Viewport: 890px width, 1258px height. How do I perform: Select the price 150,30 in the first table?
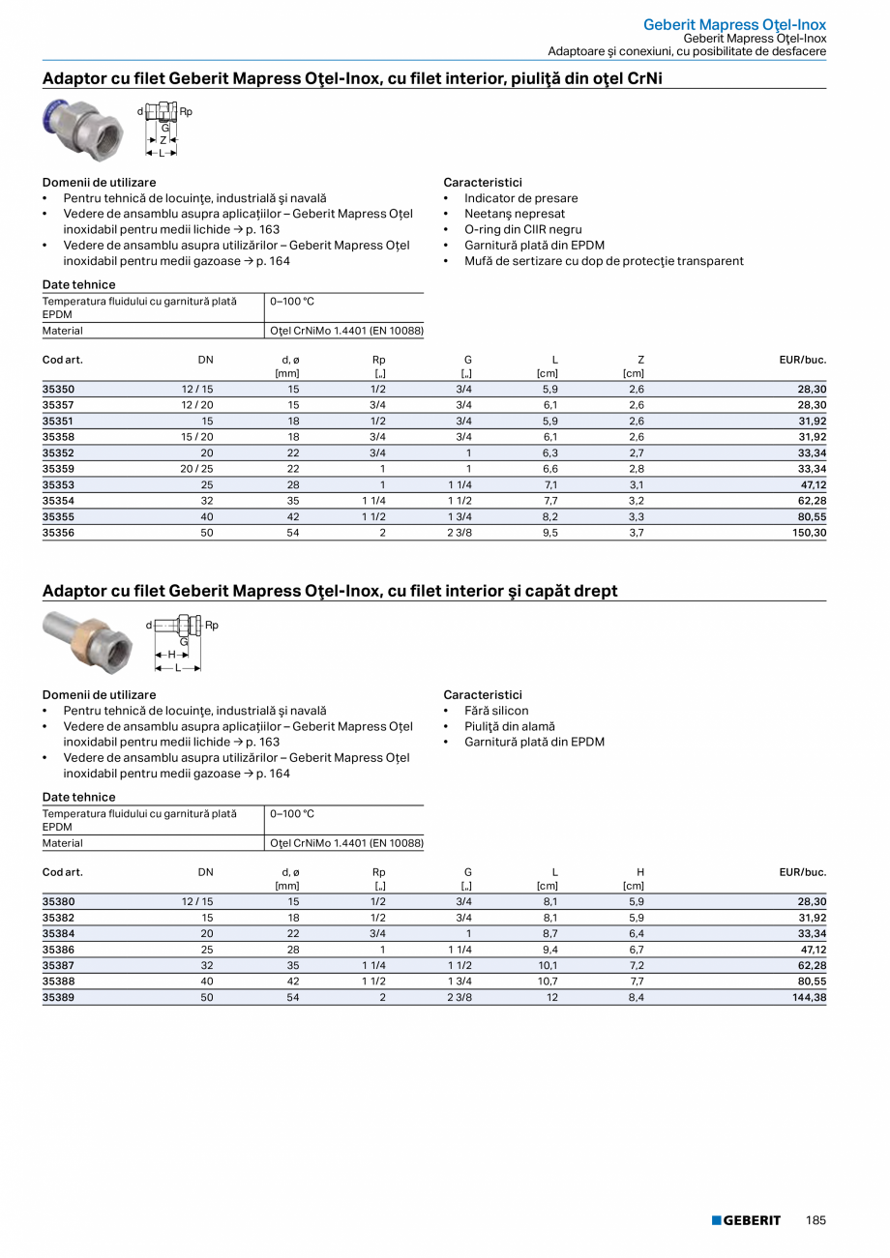click(x=808, y=532)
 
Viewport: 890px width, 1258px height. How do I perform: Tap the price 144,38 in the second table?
click(x=808, y=997)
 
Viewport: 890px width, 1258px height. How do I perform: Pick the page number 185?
click(x=816, y=1220)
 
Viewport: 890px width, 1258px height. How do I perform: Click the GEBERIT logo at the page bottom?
click(x=746, y=1220)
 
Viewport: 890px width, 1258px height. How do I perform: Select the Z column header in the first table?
click(x=640, y=360)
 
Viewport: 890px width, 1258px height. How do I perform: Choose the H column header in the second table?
click(x=640, y=872)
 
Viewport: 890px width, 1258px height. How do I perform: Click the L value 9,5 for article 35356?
click(x=549, y=532)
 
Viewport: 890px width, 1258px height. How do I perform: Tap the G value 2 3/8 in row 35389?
click(x=460, y=997)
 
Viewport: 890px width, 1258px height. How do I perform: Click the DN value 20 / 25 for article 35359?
click(x=196, y=469)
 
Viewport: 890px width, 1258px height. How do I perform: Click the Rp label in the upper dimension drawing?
click(x=187, y=112)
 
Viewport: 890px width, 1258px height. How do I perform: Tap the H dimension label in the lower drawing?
click(x=171, y=655)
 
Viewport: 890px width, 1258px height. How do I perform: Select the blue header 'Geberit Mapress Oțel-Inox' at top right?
click(x=735, y=24)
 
